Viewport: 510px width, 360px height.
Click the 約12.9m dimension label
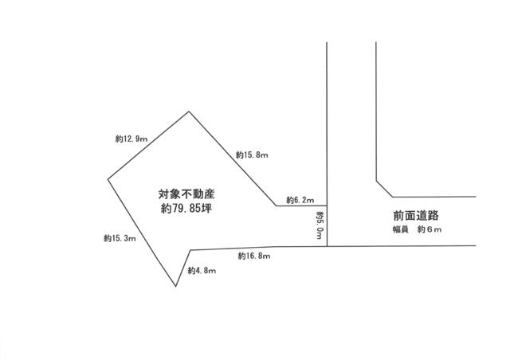click(x=131, y=139)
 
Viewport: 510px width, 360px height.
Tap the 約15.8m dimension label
click(x=252, y=155)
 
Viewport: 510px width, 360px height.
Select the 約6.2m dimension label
click(x=300, y=200)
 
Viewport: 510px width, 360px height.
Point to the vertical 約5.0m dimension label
click(x=320, y=225)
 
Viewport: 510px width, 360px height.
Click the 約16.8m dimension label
click(x=254, y=256)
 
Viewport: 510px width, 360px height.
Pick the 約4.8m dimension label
click(x=202, y=271)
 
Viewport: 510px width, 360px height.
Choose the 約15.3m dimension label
click(x=120, y=238)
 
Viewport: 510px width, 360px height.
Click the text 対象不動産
click(x=186, y=194)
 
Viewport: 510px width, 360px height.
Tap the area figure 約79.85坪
click(x=186, y=208)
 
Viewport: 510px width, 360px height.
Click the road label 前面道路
click(x=416, y=215)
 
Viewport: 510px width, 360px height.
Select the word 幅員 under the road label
click(x=400, y=229)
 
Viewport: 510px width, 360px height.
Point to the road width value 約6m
click(x=430, y=229)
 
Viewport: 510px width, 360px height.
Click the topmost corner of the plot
click(x=189, y=112)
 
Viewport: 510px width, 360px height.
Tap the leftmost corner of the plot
click(x=108, y=179)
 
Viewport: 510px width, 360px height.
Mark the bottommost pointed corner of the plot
click(x=176, y=287)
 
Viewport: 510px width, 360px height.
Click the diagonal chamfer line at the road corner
click(x=384, y=189)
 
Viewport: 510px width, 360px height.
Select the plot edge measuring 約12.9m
click(x=148, y=146)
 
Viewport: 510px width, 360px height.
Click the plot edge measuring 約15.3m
click(x=142, y=233)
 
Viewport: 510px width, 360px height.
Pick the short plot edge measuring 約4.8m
click(x=183, y=268)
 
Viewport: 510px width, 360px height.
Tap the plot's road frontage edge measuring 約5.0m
click(x=327, y=226)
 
